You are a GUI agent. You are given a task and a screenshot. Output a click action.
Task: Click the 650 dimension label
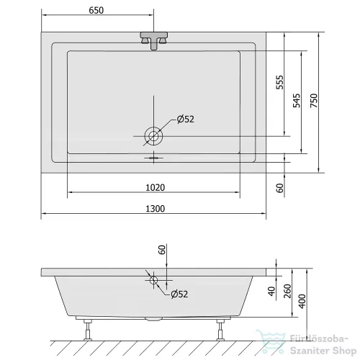pyautogui.click(x=96, y=11)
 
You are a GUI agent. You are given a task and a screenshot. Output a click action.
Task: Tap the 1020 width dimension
pyautogui.click(x=156, y=187)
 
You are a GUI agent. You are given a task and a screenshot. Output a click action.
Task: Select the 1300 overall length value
pyautogui.click(x=156, y=209)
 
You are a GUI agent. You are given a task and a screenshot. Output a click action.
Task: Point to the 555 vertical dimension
pyautogui.click(x=279, y=82)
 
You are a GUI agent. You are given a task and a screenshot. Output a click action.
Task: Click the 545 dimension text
pyautogui.click(x=297, y=101)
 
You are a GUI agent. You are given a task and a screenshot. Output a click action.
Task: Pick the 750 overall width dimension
pyautogui.click(x=314, y=101)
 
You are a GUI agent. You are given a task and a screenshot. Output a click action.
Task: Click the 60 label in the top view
pyautogui.click(x=279, y=188)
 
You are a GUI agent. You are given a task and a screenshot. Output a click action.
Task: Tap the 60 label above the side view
pyautogui.click(x=162, y=250)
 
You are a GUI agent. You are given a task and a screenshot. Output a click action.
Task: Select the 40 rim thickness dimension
pyautogui.click(x=271, y=292)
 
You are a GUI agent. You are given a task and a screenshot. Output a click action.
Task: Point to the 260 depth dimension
pyautogui.click(x=287, y=291)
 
